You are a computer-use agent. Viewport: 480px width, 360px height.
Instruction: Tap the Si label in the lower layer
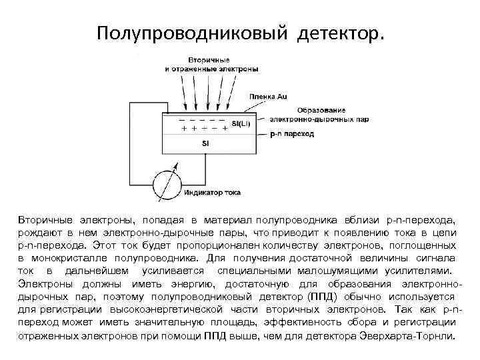(x=205, y=143)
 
